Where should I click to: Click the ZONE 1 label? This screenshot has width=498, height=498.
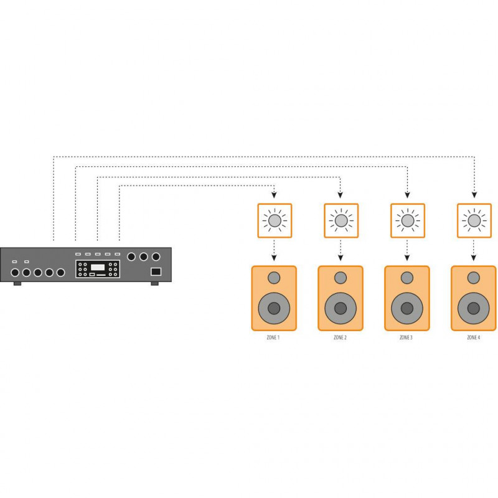click(274, 337)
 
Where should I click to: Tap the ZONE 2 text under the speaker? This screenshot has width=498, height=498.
click(340, 337)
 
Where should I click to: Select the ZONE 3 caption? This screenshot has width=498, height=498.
click(406, 337)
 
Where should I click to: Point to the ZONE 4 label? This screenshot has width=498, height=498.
click(474, 337)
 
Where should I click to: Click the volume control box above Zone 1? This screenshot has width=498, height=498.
click(274, 220)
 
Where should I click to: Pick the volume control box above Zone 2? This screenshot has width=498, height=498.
click(341, 220)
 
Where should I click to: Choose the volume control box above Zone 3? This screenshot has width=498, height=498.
click(407, 220)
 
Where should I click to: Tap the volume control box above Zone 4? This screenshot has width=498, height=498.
click(474, 220)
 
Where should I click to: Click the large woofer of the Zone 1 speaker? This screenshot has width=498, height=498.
click(274, 308)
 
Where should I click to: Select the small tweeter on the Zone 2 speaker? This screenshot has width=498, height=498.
click(340, 277)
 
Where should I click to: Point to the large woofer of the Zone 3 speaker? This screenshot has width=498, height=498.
click(407, 308)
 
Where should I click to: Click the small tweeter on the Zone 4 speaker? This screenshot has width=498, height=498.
click(474, 277)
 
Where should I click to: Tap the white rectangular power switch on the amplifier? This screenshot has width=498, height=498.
click(156, 272)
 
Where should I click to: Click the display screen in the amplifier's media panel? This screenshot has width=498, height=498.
click(98, 267)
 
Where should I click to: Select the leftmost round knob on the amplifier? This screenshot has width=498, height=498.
click(14, 273)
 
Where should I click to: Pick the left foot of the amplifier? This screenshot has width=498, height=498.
click(17, 284)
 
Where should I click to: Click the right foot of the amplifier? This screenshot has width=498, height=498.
click(154, 284)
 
